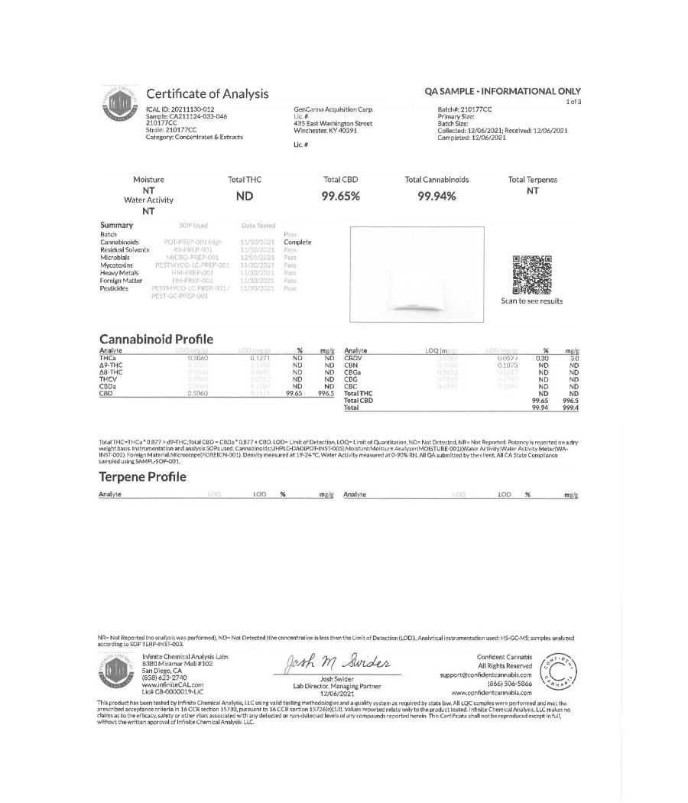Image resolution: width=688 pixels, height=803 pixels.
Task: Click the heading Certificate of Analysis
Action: (x=207, y=94)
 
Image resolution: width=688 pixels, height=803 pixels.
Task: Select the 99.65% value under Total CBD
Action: (x=341, y=196)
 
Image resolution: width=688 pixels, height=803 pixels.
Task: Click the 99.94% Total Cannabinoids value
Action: (x=436, y=196)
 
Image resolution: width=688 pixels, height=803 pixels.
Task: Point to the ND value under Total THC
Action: (x=245, y=195)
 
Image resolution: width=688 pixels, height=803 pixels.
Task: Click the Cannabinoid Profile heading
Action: (x=157, y=339)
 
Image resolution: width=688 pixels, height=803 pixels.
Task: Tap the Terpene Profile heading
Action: (x=143, y=476)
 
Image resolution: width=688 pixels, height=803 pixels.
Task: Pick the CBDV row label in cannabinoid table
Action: (x=352, y=357)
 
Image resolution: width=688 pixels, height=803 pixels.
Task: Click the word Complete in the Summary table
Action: (x=297, y=242)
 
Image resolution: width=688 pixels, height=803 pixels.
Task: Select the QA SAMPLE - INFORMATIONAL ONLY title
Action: (x=502, y=91)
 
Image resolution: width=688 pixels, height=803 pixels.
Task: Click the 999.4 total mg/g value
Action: (x=570, y=408)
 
